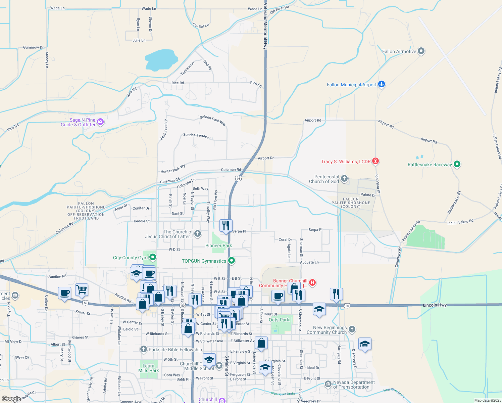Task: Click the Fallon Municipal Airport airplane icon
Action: pos(381,84)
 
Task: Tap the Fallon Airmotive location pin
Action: pos(421,51)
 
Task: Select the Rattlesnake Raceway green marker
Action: pos(457,165)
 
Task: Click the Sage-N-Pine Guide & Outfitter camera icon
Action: pos(100,122)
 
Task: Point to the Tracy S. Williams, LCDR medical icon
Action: pos(375,162)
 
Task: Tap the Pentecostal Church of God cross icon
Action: pos(344,179)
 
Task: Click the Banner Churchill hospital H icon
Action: pos(312,282)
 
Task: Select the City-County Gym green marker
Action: pos(153,258)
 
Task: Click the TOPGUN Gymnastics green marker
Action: pos(231,261)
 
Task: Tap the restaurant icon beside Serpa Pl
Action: pos(226,225)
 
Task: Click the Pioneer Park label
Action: pos(218,245)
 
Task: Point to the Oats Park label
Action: pos(279,320)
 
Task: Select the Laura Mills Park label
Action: pos(148,368)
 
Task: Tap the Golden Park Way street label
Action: pos(213,120)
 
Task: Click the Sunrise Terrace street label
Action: pos(196,136)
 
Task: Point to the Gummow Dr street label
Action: pos(33,47)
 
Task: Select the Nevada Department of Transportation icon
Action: pos(328,383)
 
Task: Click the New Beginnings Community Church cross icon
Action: pos(352,329)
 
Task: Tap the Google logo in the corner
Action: pos(11,399)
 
